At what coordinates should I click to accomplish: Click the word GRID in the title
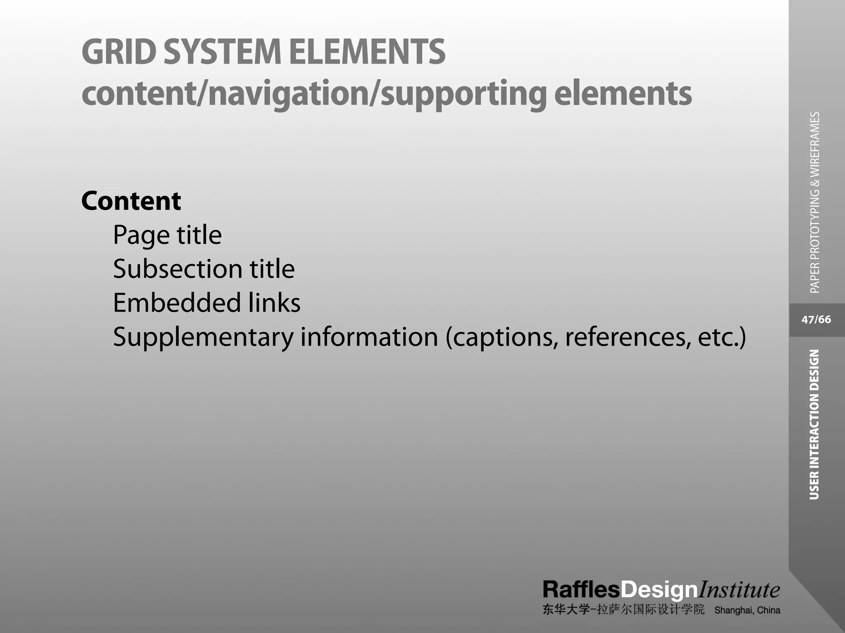(x=119, y=52)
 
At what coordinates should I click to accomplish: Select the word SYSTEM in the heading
(x=222, y=52)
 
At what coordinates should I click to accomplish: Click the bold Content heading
(x=131, y=201)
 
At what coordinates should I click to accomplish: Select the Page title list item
(x=167, y=235)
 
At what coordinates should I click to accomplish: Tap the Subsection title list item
(x=204, y=269)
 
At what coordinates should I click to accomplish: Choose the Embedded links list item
(x=207, y=303)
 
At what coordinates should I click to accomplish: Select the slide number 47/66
(x=816, y=320)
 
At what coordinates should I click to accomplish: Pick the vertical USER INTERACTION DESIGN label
(x=814, y=424)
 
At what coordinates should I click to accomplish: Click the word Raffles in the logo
(x=581, y=590)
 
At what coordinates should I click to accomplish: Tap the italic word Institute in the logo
(x=739, y=590)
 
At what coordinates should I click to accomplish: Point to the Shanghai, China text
(x=747, y=610)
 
